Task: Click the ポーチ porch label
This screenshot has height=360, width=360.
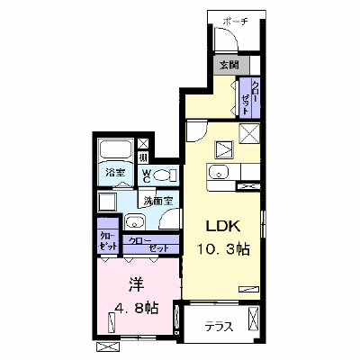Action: tap(235, 22)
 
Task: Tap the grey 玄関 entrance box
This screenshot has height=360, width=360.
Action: tap(231, 65)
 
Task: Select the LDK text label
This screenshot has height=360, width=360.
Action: tap(223, 227)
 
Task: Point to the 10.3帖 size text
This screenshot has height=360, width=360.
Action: tap(223, 248)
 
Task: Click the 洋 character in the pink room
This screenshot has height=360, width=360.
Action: tap(137, 284)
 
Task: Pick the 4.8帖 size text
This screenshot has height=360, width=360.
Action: tap(137, 307)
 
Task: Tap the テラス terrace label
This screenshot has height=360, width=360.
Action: tap(219, 327)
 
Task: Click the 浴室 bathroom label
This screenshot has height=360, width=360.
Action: tap(115, 173)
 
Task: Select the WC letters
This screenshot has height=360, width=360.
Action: tap(147, 175)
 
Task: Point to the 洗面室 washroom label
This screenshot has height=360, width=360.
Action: tap(158, 201)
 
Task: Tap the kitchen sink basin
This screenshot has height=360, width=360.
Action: tap(219, 174)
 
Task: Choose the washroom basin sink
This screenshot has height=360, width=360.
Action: tap(135, 222)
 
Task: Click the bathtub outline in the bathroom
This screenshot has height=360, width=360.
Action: tap(115, 149)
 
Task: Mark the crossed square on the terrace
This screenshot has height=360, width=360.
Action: tap(253, 319)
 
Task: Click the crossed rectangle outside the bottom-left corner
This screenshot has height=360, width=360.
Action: tap(108, 346)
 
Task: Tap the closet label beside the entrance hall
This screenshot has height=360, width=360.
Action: tap(250, 97)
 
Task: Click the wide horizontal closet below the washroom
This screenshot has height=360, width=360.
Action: tap(151, 245)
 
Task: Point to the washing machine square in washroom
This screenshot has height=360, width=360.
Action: tap(107, 202)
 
